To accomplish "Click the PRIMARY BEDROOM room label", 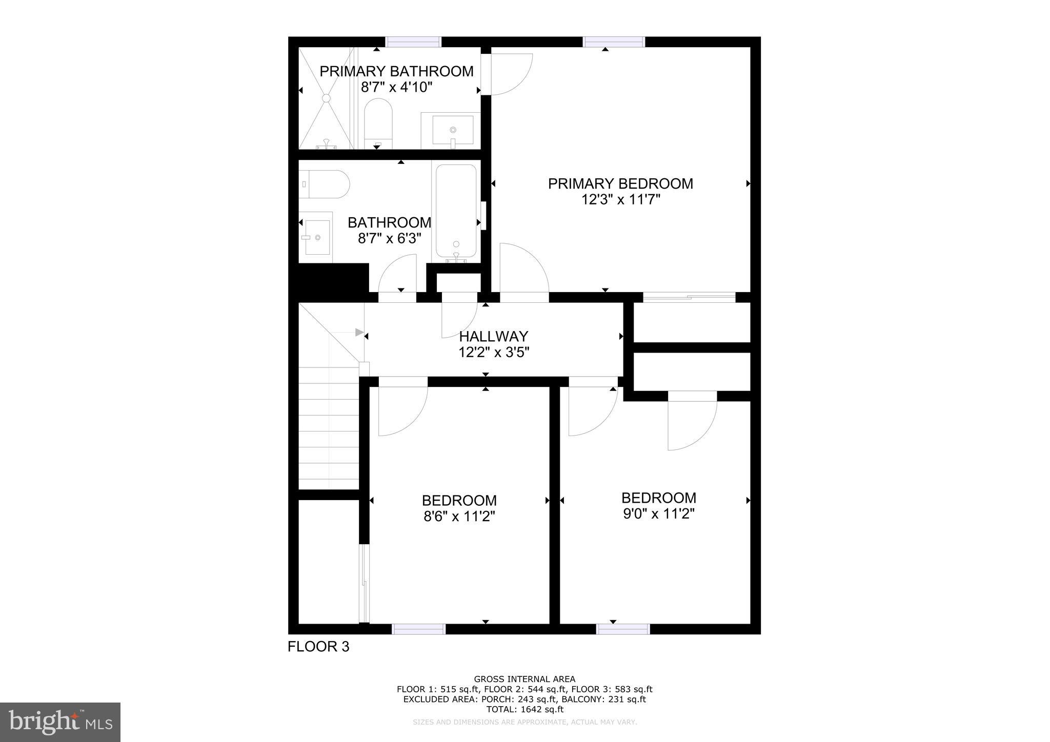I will pos(620,183).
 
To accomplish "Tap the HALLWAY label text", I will pos(493,336).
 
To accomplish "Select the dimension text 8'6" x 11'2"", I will pos(459,517).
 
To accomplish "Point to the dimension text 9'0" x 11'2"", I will pos(658,513).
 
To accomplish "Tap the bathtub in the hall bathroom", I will pos(456,211).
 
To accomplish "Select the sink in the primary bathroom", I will pos(452,130).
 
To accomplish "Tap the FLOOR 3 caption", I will pos(318,647).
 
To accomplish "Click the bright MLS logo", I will pos(60,722).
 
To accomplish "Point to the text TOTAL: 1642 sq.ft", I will pos(524,710).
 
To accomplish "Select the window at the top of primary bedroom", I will pos(614,42).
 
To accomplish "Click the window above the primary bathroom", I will pos(413,42).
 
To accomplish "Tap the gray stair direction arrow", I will pos(359,333).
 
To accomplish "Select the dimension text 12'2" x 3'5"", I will pos(493,353).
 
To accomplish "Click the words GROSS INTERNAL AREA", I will pos(524,679).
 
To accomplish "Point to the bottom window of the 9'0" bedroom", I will pos(623,629).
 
